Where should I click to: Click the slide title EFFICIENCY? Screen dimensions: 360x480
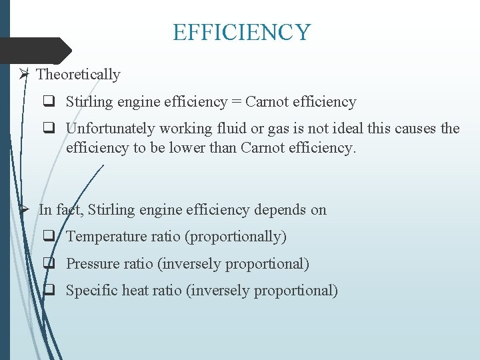pyautogui.click(x=241, y=32)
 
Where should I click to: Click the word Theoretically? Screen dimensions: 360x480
pyautogui.click(x=78, y=75)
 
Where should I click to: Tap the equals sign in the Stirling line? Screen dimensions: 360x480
pyautogui.click(x=236, y=102)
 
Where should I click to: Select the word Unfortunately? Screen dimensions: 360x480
pyautogui.click(x=107, y=128)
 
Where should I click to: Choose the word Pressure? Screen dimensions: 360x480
pyautogui.click(x=93, y=264)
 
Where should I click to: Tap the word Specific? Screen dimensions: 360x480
pyautogui.click(x=92, y=291)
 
